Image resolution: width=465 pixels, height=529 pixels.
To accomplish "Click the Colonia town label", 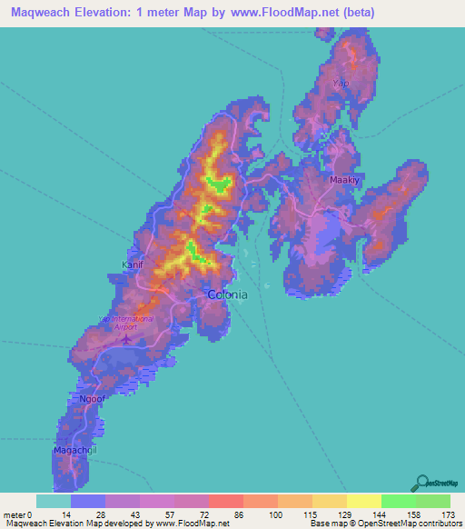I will click(227, 294).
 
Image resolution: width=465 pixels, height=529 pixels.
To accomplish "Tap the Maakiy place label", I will click(344, 180).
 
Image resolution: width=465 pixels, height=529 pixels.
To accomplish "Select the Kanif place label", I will click(133, 265).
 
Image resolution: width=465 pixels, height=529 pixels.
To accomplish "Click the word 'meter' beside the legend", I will click(16, 514).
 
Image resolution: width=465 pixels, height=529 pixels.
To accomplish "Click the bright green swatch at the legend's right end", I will click(432, 501).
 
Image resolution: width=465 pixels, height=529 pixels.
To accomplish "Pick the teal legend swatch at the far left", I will click(53, 501).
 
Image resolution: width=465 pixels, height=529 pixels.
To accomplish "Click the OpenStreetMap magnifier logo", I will click(420, 482).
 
